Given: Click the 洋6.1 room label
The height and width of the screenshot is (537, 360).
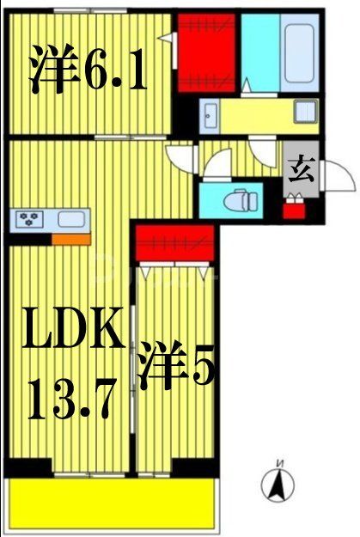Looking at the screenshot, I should tap(88, 73).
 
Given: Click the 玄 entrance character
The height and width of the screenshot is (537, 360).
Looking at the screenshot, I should tap(300, 170).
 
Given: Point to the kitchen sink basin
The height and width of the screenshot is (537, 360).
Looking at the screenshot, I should tap(70, 219).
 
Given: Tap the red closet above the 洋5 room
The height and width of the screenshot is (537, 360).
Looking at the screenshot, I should tap(174, 242).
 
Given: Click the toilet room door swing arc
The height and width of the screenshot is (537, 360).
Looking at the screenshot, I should tap(218, 162).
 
